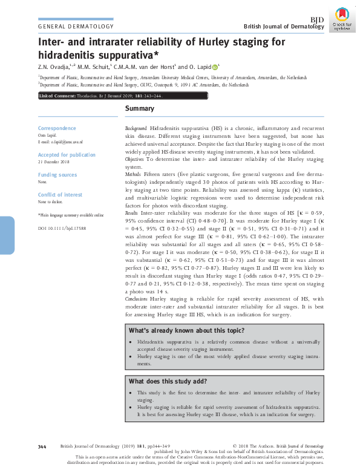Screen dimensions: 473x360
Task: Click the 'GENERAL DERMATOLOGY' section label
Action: pos(76,27)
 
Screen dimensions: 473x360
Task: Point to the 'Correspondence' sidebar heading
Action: pos(57,128)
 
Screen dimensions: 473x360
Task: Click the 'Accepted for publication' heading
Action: pos(67,155)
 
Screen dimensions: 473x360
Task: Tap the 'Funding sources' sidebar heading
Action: pos(57,175)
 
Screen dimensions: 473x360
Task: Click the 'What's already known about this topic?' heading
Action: pos(186,330)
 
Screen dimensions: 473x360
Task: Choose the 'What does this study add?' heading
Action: pos(168,382)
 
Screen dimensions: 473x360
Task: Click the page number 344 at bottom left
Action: pos(42,446)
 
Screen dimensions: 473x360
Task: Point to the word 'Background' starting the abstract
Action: pos(136,130)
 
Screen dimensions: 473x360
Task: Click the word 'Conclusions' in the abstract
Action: pos(137,299)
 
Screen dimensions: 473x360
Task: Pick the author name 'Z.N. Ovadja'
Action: pos(54,67)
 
